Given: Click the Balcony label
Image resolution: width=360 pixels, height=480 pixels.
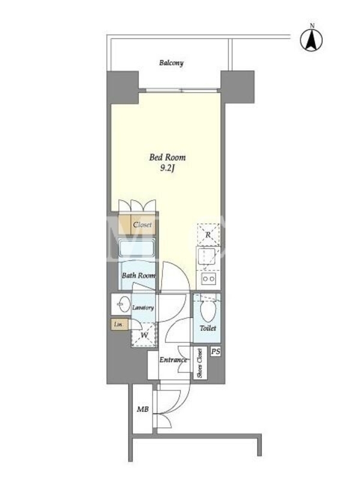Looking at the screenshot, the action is coord(171,63).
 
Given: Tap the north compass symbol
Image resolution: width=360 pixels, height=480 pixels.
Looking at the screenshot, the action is coord(311,40).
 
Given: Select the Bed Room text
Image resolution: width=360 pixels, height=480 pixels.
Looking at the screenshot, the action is coord(167,157).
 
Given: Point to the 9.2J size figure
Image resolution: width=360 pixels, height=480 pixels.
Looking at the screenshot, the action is coord(167,169).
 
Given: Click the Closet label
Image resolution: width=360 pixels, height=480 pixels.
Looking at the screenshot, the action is coord(142,224).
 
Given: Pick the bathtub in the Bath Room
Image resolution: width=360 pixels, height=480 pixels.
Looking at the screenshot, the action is coord(137,248).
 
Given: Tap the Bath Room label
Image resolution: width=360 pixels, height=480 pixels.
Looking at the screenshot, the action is coord(139,275).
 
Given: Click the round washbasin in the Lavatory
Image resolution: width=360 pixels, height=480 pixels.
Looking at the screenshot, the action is coord(124,304).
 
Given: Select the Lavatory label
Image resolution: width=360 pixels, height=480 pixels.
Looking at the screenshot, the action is coord(143,308).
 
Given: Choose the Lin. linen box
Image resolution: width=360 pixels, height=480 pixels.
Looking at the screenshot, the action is coord(119,325).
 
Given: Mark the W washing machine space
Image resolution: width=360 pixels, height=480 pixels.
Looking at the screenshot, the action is coord(144,335).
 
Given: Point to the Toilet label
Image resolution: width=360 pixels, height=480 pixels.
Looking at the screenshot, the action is coord(208,328).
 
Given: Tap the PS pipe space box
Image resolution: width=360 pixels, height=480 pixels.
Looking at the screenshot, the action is coord(215,352).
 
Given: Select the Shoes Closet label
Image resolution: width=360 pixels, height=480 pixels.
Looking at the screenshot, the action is coord(200,363).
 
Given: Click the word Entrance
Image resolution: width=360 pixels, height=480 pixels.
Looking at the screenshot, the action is coord(173,360).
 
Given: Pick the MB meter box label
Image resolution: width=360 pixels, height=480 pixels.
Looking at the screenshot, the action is coord(143,409).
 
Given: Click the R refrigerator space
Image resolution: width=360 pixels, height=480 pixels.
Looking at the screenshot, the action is coord(208,235).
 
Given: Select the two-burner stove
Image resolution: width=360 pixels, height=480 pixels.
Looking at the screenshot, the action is coord(209,278).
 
